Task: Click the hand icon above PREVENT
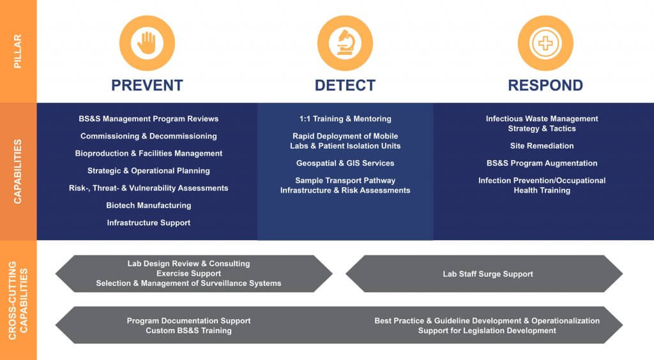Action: tap(146, 43)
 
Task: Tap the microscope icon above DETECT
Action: tap(345, 43)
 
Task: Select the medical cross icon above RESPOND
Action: tap(545, 43)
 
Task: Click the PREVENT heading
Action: tap(147, 86)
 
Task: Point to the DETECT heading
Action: tap(345, 86)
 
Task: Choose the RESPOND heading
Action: tap(545, 86)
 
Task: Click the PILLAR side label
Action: tap(18, 52)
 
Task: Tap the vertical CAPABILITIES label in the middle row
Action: tap(18, 171)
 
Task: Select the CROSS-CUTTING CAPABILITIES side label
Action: tap(18, 300)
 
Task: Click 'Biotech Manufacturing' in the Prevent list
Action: tap(148, 206)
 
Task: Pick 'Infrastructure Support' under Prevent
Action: tap(148, 223)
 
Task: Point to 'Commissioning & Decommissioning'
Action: tap(148, 136)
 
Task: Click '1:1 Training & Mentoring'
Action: tap(345, 119)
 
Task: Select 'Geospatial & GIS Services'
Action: tap(345, 163)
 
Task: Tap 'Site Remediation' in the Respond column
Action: tap(542, 146)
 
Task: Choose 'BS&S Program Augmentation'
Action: tap(542, 163)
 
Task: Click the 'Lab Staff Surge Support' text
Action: tap(488, 274)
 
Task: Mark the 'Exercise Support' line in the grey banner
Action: tap(188, 273)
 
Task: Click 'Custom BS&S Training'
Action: tap(188, 331)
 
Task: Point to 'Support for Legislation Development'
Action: tap(487, 331)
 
